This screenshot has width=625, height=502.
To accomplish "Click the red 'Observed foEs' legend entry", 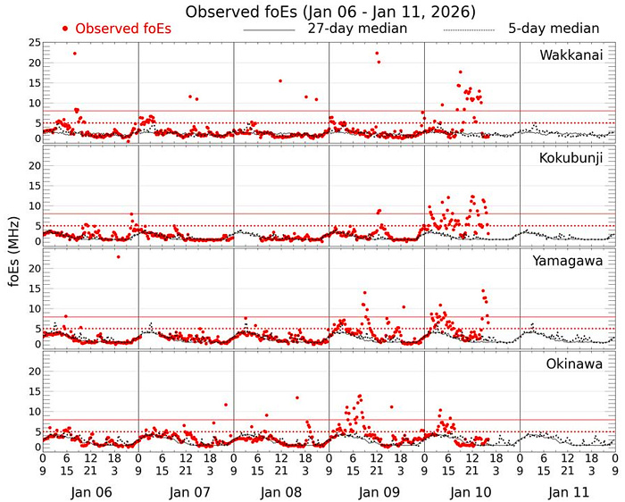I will (x=123, y=29).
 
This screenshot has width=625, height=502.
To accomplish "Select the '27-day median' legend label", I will (x=357, y=28).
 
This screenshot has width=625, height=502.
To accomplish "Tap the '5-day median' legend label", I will (x=554, y=28).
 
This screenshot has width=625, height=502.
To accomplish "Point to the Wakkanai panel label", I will (x=571, y=56).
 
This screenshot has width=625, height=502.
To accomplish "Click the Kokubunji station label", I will (x=571, y=158).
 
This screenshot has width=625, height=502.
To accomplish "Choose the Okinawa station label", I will (x=573, y=364).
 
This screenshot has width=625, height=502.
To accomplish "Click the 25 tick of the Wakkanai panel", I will (x=33, y=43).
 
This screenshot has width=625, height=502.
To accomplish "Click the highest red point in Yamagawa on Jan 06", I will (x=118, y=257).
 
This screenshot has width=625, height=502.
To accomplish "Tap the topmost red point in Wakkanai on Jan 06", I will (x=74, y=54).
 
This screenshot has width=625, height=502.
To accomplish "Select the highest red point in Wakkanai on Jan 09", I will (x=377, y=54).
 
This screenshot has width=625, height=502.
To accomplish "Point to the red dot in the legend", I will (x=67, y=29).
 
